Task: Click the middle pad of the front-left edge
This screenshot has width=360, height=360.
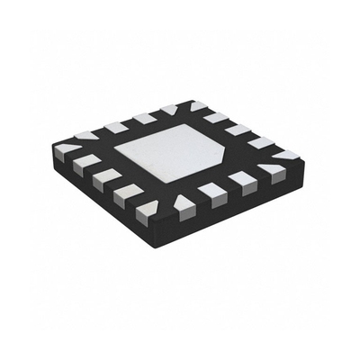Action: pyautogui.click(x=102, y=179)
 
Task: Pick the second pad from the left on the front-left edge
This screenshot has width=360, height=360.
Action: pyautogui.click(x=81, y=166)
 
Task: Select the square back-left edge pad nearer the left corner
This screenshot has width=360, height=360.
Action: pyautogui.click(x=115, y=127)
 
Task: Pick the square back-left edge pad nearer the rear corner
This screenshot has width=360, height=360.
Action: pyautogui.click(x=141, y=118)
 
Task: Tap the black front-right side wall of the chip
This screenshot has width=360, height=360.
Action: pyautogui.click(x=243, y=202)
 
